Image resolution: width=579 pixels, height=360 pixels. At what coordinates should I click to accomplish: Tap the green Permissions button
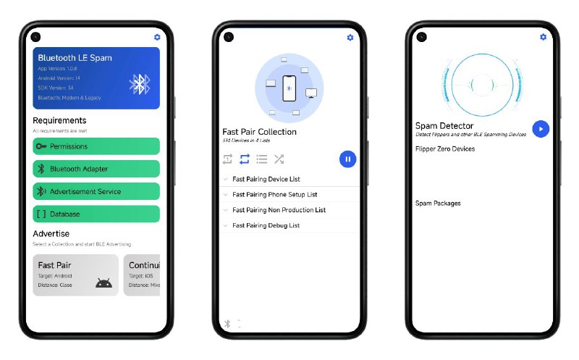(96, 146)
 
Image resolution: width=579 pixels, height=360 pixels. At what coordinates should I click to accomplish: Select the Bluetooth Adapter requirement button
(96, 169)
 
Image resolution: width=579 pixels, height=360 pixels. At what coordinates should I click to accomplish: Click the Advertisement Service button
(96, 191)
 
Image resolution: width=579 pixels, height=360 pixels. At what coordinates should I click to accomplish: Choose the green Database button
(96, 214)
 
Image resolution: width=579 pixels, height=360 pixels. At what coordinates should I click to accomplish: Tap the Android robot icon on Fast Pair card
(103, 282)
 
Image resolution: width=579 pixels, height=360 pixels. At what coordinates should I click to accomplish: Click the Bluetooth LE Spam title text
(75, 58)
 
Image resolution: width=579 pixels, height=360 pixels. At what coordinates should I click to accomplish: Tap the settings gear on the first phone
(158, 37)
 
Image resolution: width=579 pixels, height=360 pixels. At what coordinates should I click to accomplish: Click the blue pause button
(347, 159)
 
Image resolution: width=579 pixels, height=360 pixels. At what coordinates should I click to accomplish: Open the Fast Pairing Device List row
(266, 179)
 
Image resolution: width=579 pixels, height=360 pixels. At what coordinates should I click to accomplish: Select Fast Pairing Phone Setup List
(274, 194)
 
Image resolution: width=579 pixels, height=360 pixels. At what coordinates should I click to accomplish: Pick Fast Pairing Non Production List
(279, 210)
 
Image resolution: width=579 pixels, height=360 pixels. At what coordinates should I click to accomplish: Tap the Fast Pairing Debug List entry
(266, 225)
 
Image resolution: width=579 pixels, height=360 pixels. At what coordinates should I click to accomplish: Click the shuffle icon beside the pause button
(279, 159)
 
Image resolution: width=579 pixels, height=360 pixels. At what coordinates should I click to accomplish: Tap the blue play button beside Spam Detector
(541, 129)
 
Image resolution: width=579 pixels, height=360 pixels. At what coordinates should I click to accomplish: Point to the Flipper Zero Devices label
(445, 149)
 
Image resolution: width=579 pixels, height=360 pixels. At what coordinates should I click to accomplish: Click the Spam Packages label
(438, 204)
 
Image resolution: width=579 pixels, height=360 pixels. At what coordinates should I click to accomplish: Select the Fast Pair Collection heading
(259, 132)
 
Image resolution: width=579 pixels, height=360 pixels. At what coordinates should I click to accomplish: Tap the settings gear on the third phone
(544, 37)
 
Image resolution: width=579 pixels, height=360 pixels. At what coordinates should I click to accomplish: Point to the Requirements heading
(59, 120)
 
